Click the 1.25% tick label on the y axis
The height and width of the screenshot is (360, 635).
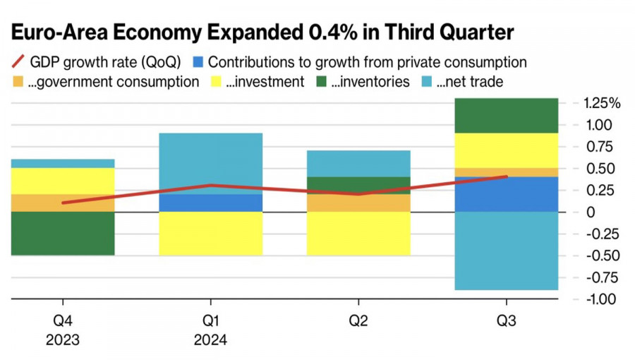click(x=602, y=104)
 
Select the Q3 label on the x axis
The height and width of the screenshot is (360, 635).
click(x=506, y=322)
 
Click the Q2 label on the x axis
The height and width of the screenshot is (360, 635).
click(x=358, y=322)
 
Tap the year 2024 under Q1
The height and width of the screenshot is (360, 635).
click(x=210, y=340)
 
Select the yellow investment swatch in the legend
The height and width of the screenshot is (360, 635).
click(x=215, y=82)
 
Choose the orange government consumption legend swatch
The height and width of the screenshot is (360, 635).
click(x=17, y=82)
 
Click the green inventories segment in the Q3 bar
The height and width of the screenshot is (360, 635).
click(x=506, y=115)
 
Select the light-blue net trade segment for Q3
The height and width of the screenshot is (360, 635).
click(x=506, y=251)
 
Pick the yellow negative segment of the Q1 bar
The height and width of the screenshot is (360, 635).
click(x=210, y=233)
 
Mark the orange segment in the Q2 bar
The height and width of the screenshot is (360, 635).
click(x=358, y=203)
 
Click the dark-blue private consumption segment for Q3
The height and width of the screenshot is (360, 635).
click(x=506, y=194)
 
